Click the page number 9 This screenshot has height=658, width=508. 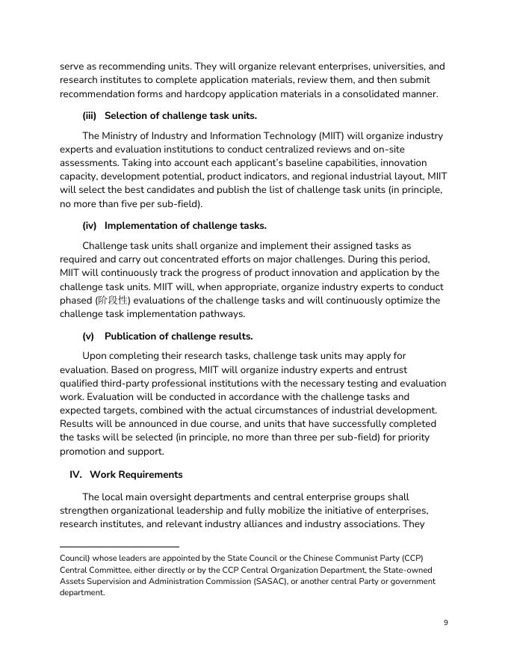[x=445, y=622]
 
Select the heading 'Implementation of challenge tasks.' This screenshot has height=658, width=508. [x=185, y=225]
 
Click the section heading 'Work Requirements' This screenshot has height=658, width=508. [x=136, y=474]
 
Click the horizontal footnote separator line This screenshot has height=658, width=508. [x=120, y=547]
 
